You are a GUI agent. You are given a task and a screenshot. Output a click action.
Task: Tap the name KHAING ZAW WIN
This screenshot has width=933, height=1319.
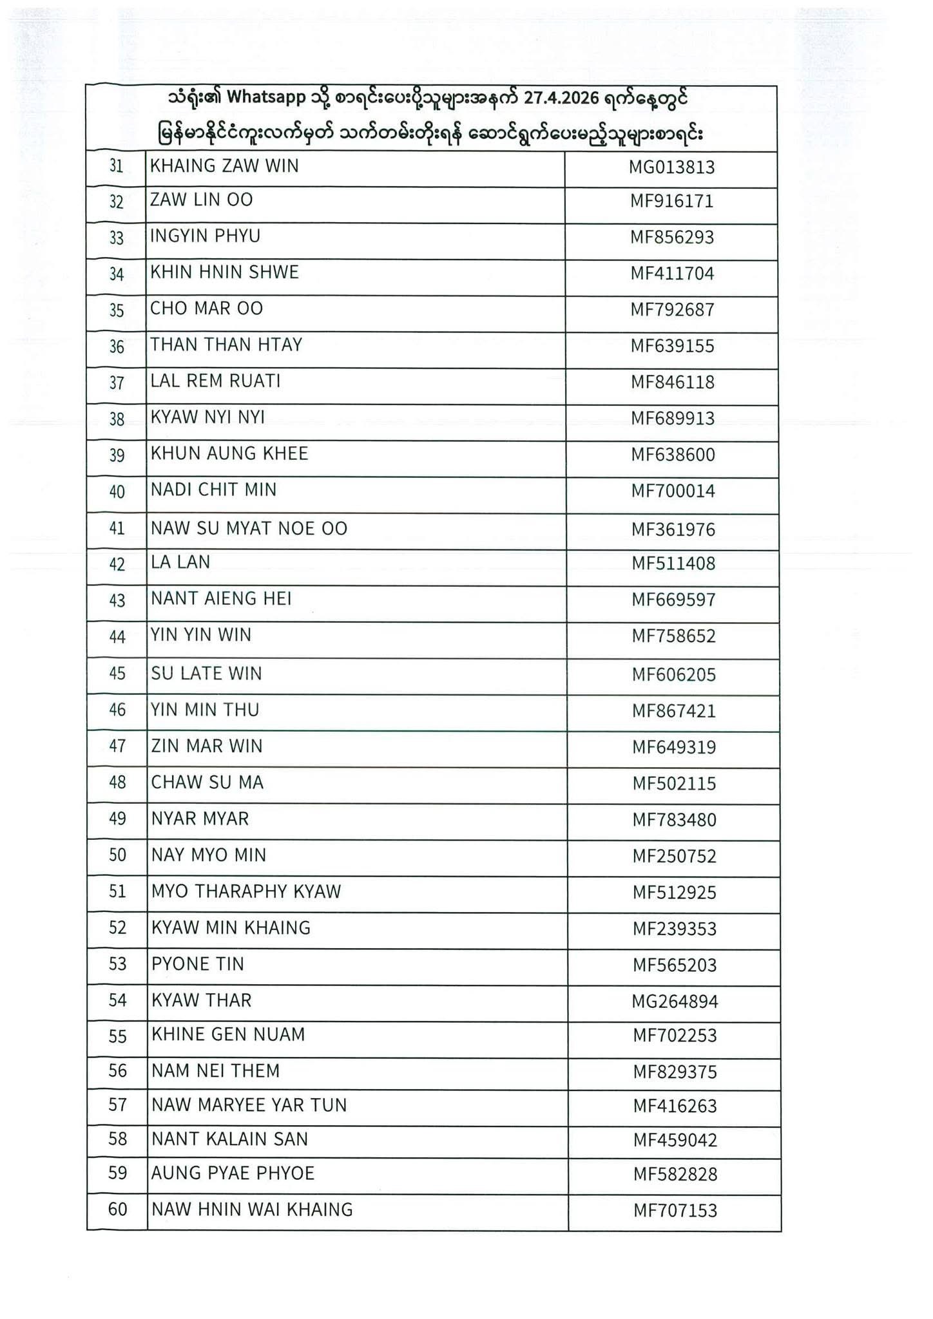[x=224, y=166]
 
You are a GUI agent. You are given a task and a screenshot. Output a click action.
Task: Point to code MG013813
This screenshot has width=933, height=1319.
[x=671, y=167]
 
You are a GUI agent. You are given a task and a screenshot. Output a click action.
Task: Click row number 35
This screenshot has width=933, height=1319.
[x=116, y=310]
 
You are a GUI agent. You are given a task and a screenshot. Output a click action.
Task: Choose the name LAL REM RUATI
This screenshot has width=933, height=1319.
[x=215, y=381]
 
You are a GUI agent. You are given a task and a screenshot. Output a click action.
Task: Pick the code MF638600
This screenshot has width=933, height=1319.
[x=673, y=455]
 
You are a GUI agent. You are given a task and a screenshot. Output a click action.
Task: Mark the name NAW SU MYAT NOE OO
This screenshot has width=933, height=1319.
[x=249, y=529]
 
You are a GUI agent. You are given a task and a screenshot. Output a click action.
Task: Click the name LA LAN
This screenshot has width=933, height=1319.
[x=180, y=562]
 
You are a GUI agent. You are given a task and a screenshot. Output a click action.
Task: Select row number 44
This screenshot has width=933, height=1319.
[x=117, y=637]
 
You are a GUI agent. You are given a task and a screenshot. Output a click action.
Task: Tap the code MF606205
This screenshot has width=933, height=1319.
[x=673, y=675]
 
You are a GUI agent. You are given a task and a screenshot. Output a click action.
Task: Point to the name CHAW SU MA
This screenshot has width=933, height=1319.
[x=207, y=783]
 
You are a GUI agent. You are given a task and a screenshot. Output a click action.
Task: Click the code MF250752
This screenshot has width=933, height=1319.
[x=674, y=857]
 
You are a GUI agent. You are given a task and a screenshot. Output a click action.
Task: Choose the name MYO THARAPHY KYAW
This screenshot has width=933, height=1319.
[x=245, y=891]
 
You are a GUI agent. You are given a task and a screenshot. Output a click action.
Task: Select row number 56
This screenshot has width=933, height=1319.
[x=117, y=1071]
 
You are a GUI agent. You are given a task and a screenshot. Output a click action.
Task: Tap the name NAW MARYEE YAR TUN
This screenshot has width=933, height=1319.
[x=249, y=1105]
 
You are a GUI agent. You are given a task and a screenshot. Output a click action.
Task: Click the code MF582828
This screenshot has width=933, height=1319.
[x=675, y=1175]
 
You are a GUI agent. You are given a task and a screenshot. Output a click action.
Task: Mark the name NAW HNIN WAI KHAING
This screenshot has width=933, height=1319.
[x=252, y=1210]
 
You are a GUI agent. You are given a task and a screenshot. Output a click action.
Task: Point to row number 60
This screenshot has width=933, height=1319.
[x=117, y=1210]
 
